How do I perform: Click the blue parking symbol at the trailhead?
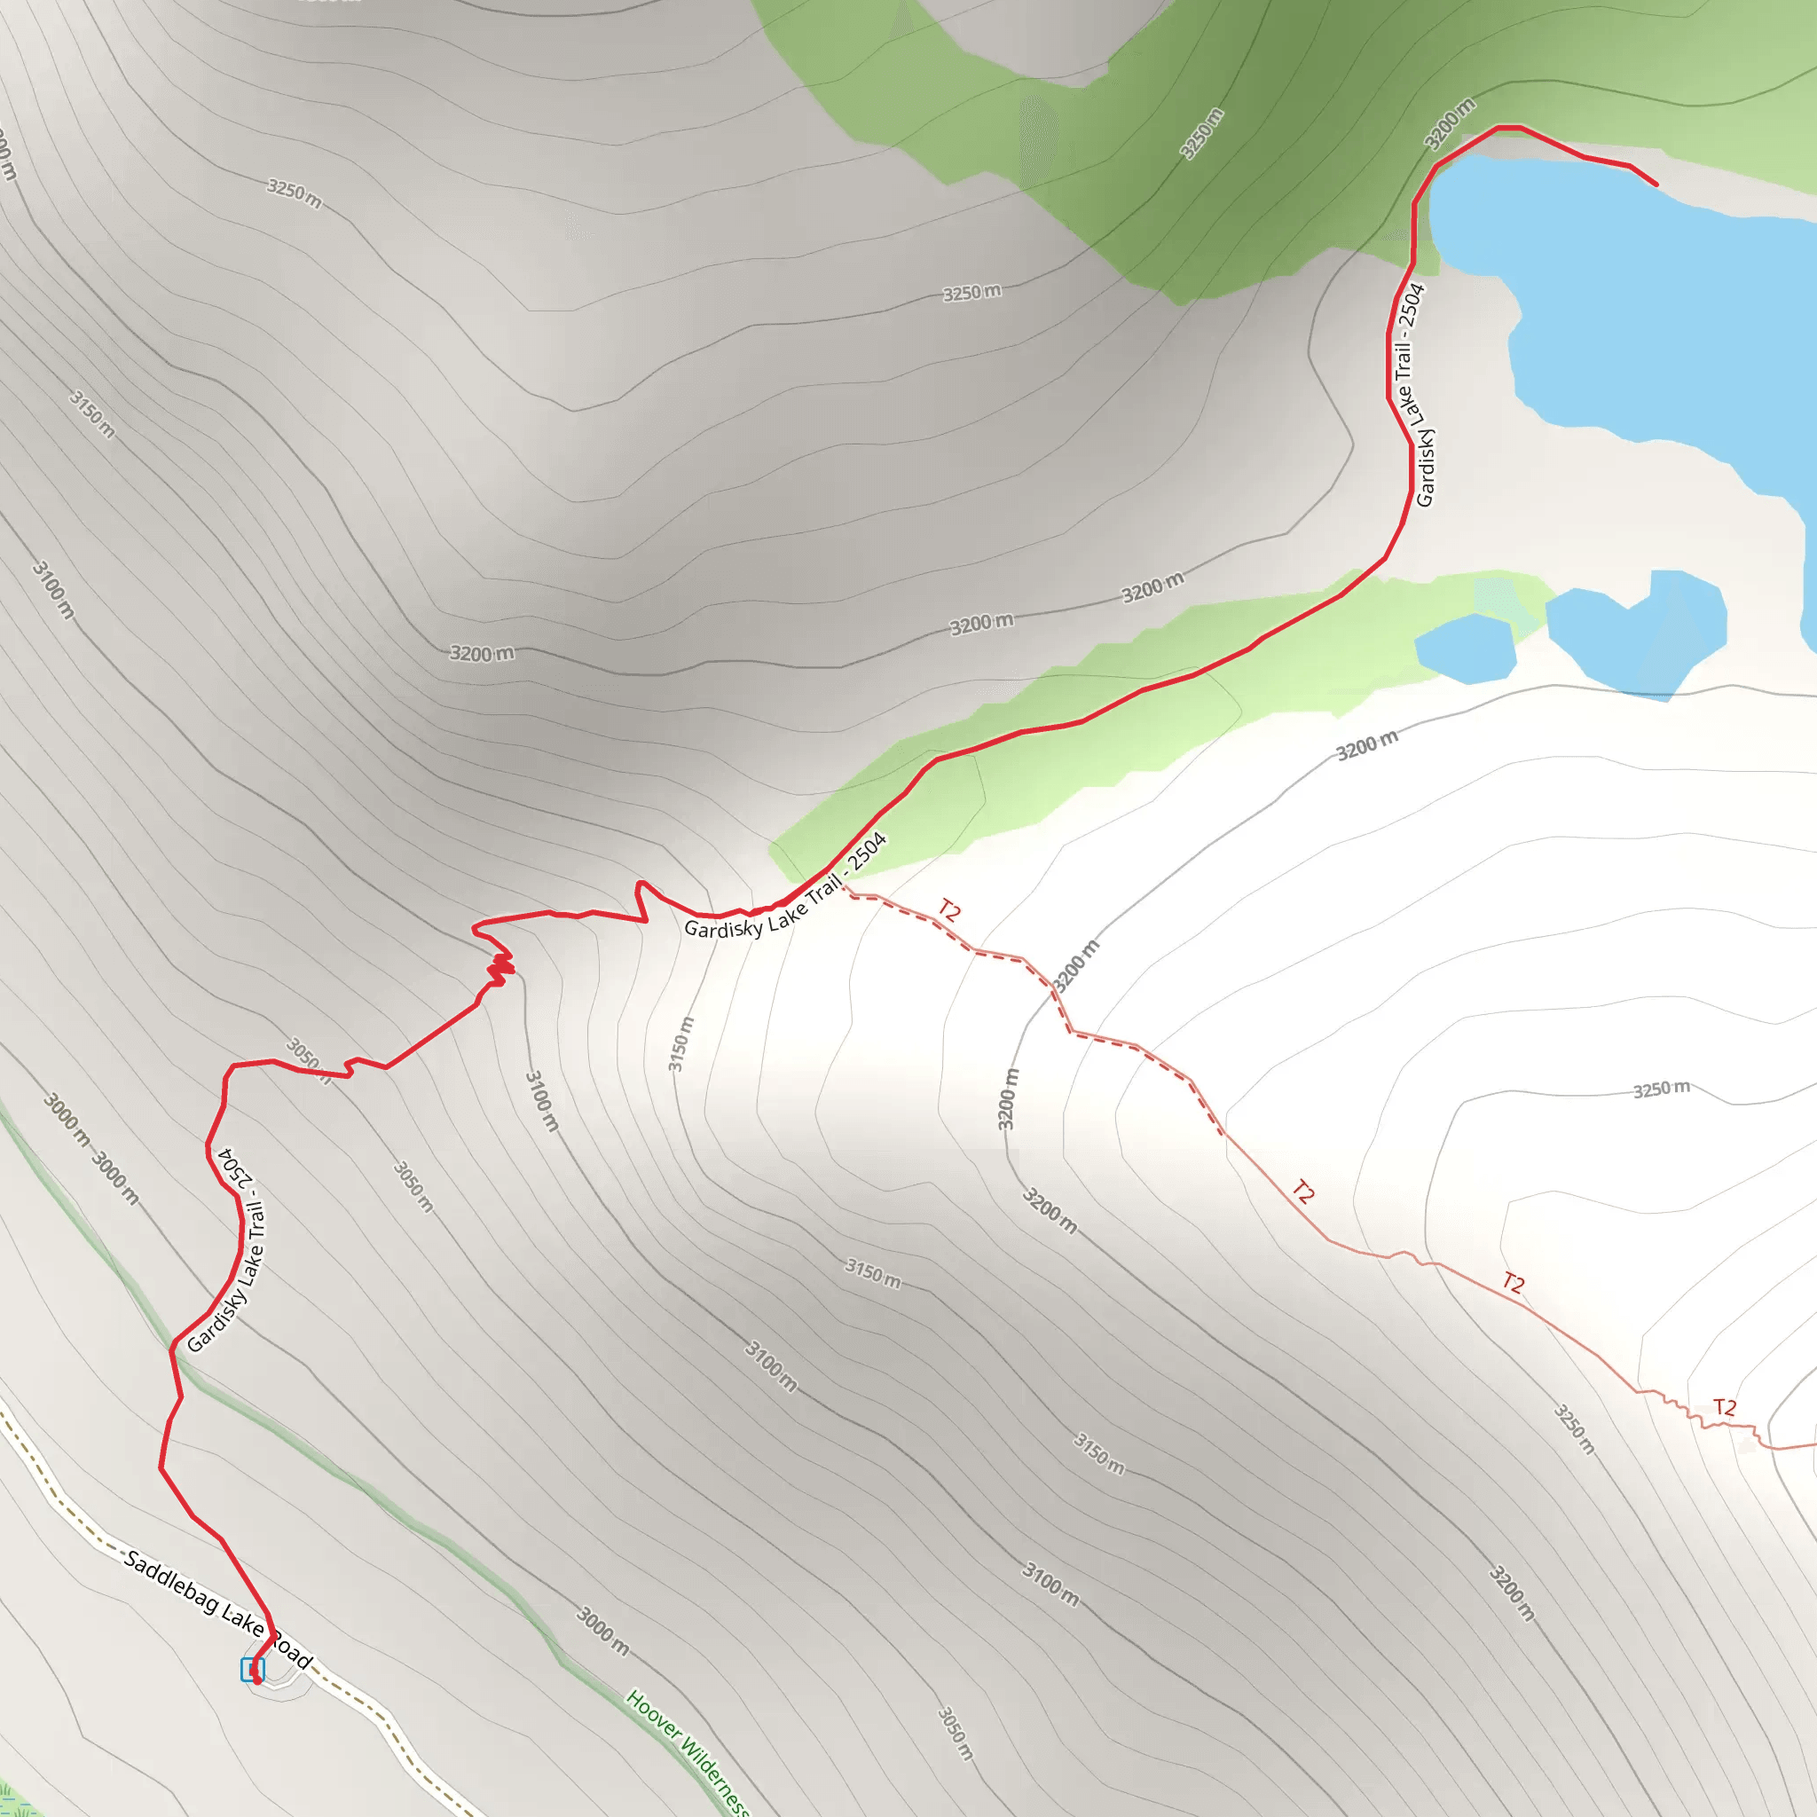coord(252,1671)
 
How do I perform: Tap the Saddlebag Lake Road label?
coord(217,1609)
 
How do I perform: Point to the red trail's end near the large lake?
coord(1656,185)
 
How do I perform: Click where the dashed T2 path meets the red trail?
coord(844,884)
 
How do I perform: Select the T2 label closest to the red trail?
coord(950,910)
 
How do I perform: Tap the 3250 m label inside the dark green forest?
coord(1201,134)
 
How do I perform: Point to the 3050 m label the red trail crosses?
coord(309,1060)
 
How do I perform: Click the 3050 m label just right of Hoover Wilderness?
coord(955,1733)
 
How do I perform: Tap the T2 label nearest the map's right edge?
coord(1724,1407)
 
